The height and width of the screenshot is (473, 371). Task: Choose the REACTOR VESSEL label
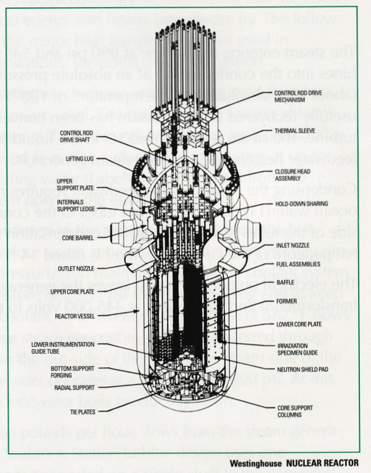72,316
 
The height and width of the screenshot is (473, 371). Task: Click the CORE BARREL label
77,237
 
